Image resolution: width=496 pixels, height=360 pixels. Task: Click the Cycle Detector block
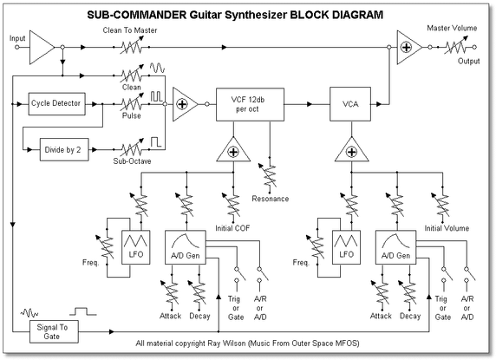click(x=56, y=103)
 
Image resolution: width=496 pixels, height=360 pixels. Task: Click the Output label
click(x=470, y=61)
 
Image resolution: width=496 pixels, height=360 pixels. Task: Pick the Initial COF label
click(x=236, y=228)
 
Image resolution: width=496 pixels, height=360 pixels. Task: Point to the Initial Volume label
click(x=447, y=228)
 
